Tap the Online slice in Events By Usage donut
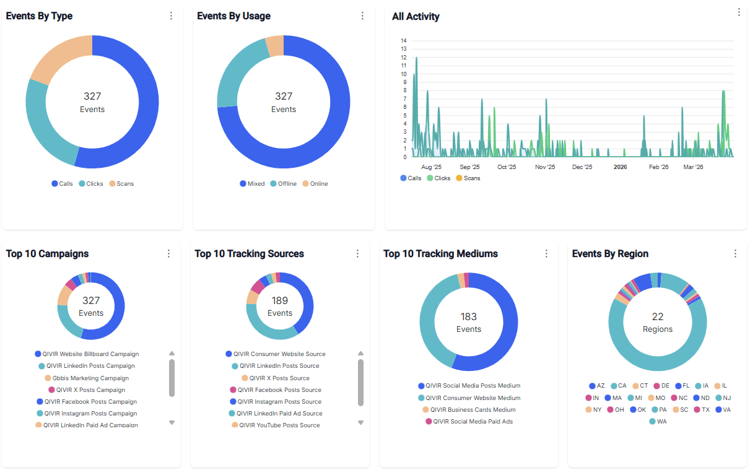pos(275,45)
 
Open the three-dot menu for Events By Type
pos(172,16)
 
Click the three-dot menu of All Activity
pos(738,12)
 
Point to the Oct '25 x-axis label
pos(507,167)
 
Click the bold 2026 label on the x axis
pos(620,167)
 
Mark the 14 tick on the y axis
pos(404,41)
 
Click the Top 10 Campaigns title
pos(47,254)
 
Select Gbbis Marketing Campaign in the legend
pos(87,378)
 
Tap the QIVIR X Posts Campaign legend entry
pos(87,390)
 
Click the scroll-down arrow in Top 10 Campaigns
pos(172,422)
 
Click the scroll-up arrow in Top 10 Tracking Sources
pos(360,354)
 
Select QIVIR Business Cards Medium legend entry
pos(469,410)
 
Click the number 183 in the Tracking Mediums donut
pos(469,317)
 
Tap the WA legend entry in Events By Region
pos(658,422)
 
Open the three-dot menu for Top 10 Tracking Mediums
pos(546,254)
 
